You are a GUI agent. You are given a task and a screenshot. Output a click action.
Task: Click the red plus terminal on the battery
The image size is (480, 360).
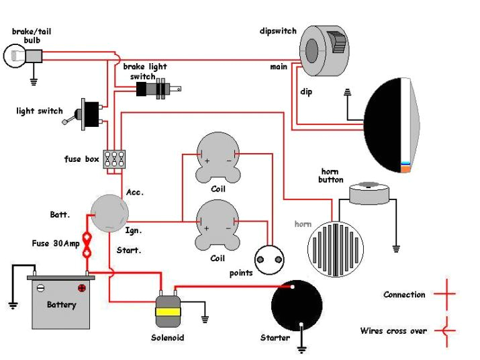click(82, 289)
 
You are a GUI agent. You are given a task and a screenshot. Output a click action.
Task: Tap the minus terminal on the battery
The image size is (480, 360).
click(40, 289)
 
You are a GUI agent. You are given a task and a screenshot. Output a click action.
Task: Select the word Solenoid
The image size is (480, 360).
click(167, 338)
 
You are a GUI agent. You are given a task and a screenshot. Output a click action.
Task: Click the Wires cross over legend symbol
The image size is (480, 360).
click(444, 330)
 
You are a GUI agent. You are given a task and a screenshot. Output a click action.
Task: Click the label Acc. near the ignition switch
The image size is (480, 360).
click(134, 193)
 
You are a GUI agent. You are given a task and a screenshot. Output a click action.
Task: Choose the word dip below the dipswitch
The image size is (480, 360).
click(305, 91)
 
